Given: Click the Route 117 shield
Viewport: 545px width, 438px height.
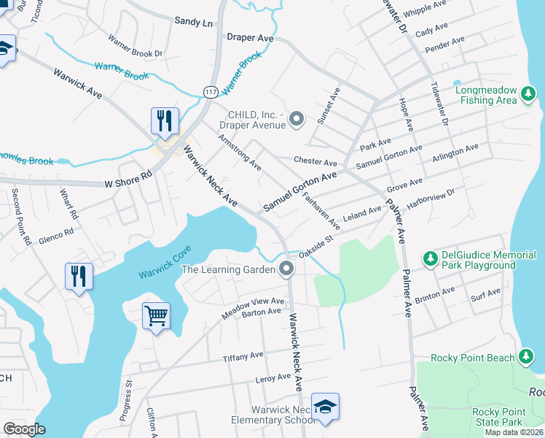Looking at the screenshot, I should click(x=211, y=91).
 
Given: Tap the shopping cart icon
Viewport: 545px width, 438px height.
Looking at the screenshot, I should click(x=156, y=316).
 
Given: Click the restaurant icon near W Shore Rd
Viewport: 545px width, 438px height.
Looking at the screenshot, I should click(x=165, y=120).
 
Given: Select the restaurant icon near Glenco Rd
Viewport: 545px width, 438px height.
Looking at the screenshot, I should click(x=79, y=277).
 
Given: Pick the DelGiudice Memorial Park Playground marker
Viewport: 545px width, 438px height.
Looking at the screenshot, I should click(x=431, y=258).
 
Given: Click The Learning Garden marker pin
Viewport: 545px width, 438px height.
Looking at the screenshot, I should click(x=286, y=269).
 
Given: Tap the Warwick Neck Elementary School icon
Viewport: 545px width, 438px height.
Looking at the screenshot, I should click(x=325, y=407).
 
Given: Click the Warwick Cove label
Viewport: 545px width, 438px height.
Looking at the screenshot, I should click(x=163, y=266).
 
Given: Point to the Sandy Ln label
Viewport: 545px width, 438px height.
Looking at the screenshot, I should click(x=193, y=22).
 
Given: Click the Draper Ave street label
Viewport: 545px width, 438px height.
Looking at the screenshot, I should click(x=250, y=37).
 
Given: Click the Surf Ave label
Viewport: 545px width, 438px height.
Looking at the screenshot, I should click(x=485, y=293).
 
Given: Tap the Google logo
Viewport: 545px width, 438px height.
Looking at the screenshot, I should click(x=25, y=429).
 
